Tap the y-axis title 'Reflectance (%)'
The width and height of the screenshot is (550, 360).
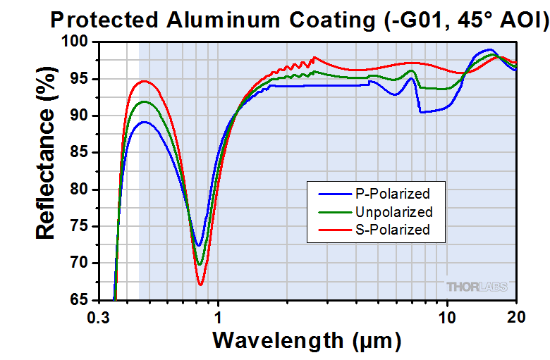pos(46,170)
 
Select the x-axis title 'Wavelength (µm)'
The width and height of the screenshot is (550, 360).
pos(307,340)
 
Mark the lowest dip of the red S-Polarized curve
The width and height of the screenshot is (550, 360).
pos(201,285)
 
